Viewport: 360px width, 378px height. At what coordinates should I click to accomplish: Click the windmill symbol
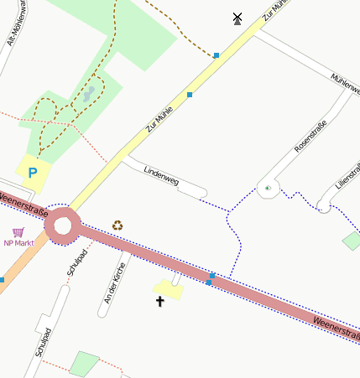[x=237, y=18]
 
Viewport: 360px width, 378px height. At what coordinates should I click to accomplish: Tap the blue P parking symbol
[x=33, y=173]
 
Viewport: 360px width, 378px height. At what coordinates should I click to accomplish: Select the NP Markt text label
[x=19, y=243]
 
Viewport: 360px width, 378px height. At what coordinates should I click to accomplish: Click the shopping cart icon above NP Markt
[x=18, y=232]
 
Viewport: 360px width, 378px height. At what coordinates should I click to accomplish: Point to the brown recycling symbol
[x=118, y=225]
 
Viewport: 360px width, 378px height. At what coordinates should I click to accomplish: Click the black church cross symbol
[x=159, y=300]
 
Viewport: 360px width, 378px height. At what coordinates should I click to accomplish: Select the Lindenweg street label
[x=162, y=176]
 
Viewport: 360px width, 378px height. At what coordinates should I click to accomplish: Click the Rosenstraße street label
[x=310, y=136]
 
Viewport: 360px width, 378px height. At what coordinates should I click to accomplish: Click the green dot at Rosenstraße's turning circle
[x=267, y=189]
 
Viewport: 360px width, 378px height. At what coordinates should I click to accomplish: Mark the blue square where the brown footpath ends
[x=217, y=55]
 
